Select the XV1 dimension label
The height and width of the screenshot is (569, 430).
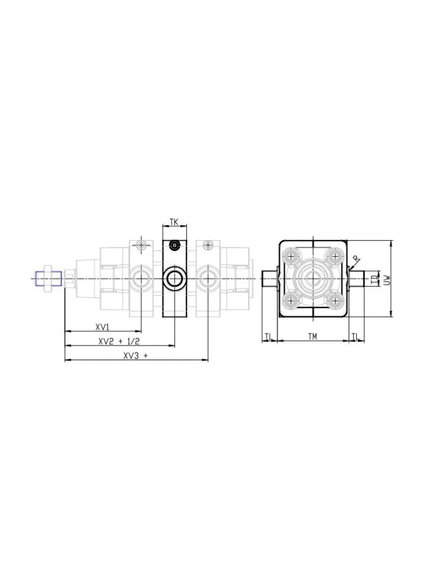click(102, 327)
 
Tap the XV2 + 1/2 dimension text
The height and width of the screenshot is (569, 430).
click(119, 341)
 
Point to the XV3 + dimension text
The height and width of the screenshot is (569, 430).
click(136, 356)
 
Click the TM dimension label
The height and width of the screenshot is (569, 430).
click(312, 337)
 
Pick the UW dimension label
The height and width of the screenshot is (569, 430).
click(387, 279)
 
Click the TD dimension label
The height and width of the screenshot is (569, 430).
click(374, 278)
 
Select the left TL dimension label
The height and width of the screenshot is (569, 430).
click(268, 337)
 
